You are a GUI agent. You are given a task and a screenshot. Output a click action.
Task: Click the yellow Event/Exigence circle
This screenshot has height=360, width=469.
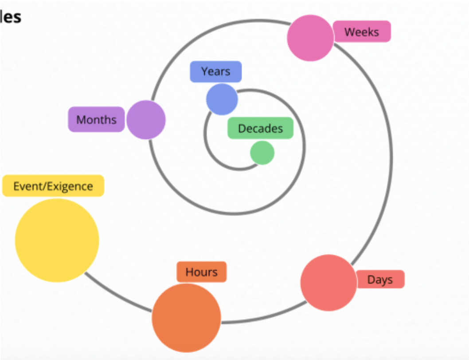coord(57,240)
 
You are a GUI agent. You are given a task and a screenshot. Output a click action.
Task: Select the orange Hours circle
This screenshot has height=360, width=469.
coord(186,318)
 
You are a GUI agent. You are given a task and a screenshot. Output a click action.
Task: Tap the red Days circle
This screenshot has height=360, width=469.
coord(328,282)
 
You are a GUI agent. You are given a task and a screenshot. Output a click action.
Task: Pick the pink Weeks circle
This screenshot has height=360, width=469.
coord(310,38)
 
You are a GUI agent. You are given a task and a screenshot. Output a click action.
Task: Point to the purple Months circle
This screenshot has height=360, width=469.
coord(146,120)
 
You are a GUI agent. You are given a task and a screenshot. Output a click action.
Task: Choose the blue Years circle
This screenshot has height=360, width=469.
coord(222,99)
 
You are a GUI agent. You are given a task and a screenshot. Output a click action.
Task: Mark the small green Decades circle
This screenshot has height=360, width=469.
coord(262,153)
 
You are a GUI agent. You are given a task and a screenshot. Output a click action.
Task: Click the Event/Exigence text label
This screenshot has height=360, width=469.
coord(53,186)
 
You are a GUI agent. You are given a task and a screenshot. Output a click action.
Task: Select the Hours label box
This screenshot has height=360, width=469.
coord(201,272)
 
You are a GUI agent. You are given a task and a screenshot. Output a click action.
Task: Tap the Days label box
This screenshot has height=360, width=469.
coord(380,279)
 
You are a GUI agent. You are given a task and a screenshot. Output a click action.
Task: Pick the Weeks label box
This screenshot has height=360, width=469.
coord(362,32)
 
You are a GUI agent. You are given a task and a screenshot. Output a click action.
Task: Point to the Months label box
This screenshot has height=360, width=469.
coord(96,119)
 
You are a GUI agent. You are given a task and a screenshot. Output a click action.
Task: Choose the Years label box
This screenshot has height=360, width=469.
coord(216,71)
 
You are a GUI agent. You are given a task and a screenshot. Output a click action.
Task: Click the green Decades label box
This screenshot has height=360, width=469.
coord(260,128)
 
